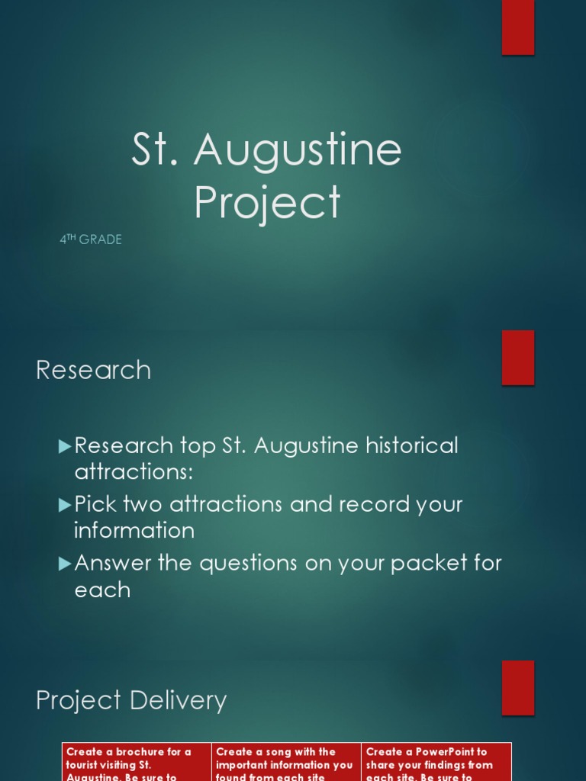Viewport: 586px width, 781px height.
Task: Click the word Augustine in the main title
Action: click(298, 150)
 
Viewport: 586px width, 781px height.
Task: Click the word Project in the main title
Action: click(267, 202)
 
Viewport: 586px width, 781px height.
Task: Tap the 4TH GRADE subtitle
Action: click(91, 239)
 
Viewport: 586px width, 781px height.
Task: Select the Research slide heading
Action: click(93, 370)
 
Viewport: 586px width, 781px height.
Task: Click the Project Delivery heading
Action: click(131, 700)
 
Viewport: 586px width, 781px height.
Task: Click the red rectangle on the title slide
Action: click(517, 27)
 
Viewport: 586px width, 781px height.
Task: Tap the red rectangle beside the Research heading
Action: click(517, 358)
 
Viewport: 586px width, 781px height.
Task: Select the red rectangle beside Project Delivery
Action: click(517, 688)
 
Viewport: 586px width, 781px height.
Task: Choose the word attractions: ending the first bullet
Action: click(134, 471)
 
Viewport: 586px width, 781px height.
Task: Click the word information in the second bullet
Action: click(134, 530)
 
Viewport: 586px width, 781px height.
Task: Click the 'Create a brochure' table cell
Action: click(137, 763)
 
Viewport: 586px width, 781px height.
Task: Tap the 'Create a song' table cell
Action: click(286, 763)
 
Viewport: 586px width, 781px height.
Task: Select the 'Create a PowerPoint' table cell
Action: click(436, 763)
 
